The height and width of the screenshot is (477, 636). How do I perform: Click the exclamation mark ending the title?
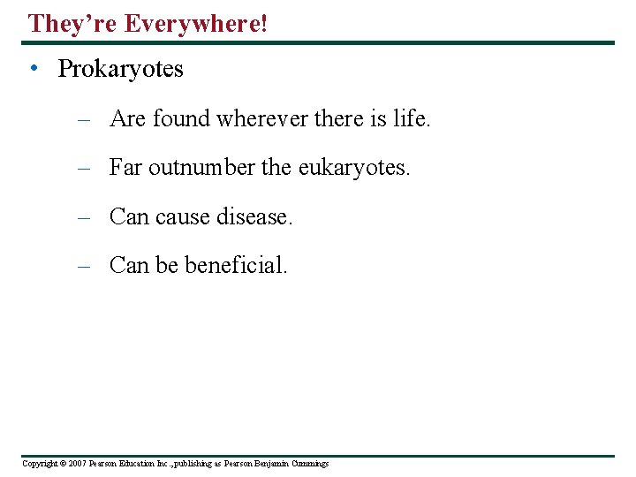click(x=263, y=24)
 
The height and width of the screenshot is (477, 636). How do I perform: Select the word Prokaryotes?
click(x=120, y=69)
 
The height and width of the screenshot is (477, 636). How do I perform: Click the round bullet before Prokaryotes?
click(x=33, y=69)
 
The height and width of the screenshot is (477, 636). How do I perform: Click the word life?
click(x=411, y=118)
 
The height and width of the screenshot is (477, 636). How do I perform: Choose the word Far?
click(x=125, y=167)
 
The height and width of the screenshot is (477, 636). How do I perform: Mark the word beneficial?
click(x=236, y=264)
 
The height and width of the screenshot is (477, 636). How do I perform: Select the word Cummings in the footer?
click(x=308, y=464)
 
